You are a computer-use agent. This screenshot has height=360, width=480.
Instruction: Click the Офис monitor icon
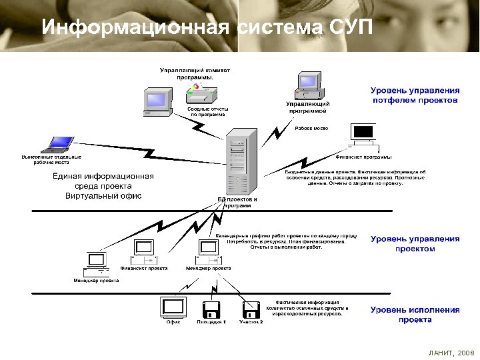173,307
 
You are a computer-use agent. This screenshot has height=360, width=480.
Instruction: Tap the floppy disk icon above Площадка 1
211,309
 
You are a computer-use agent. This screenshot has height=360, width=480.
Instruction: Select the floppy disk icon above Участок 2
251,309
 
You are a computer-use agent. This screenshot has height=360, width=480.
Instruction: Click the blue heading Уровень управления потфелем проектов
415,95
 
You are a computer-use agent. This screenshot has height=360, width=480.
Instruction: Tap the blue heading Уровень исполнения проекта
415,315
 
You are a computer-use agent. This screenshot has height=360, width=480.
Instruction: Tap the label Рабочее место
311,128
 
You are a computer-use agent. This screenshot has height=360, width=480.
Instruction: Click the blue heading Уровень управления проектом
415,243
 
